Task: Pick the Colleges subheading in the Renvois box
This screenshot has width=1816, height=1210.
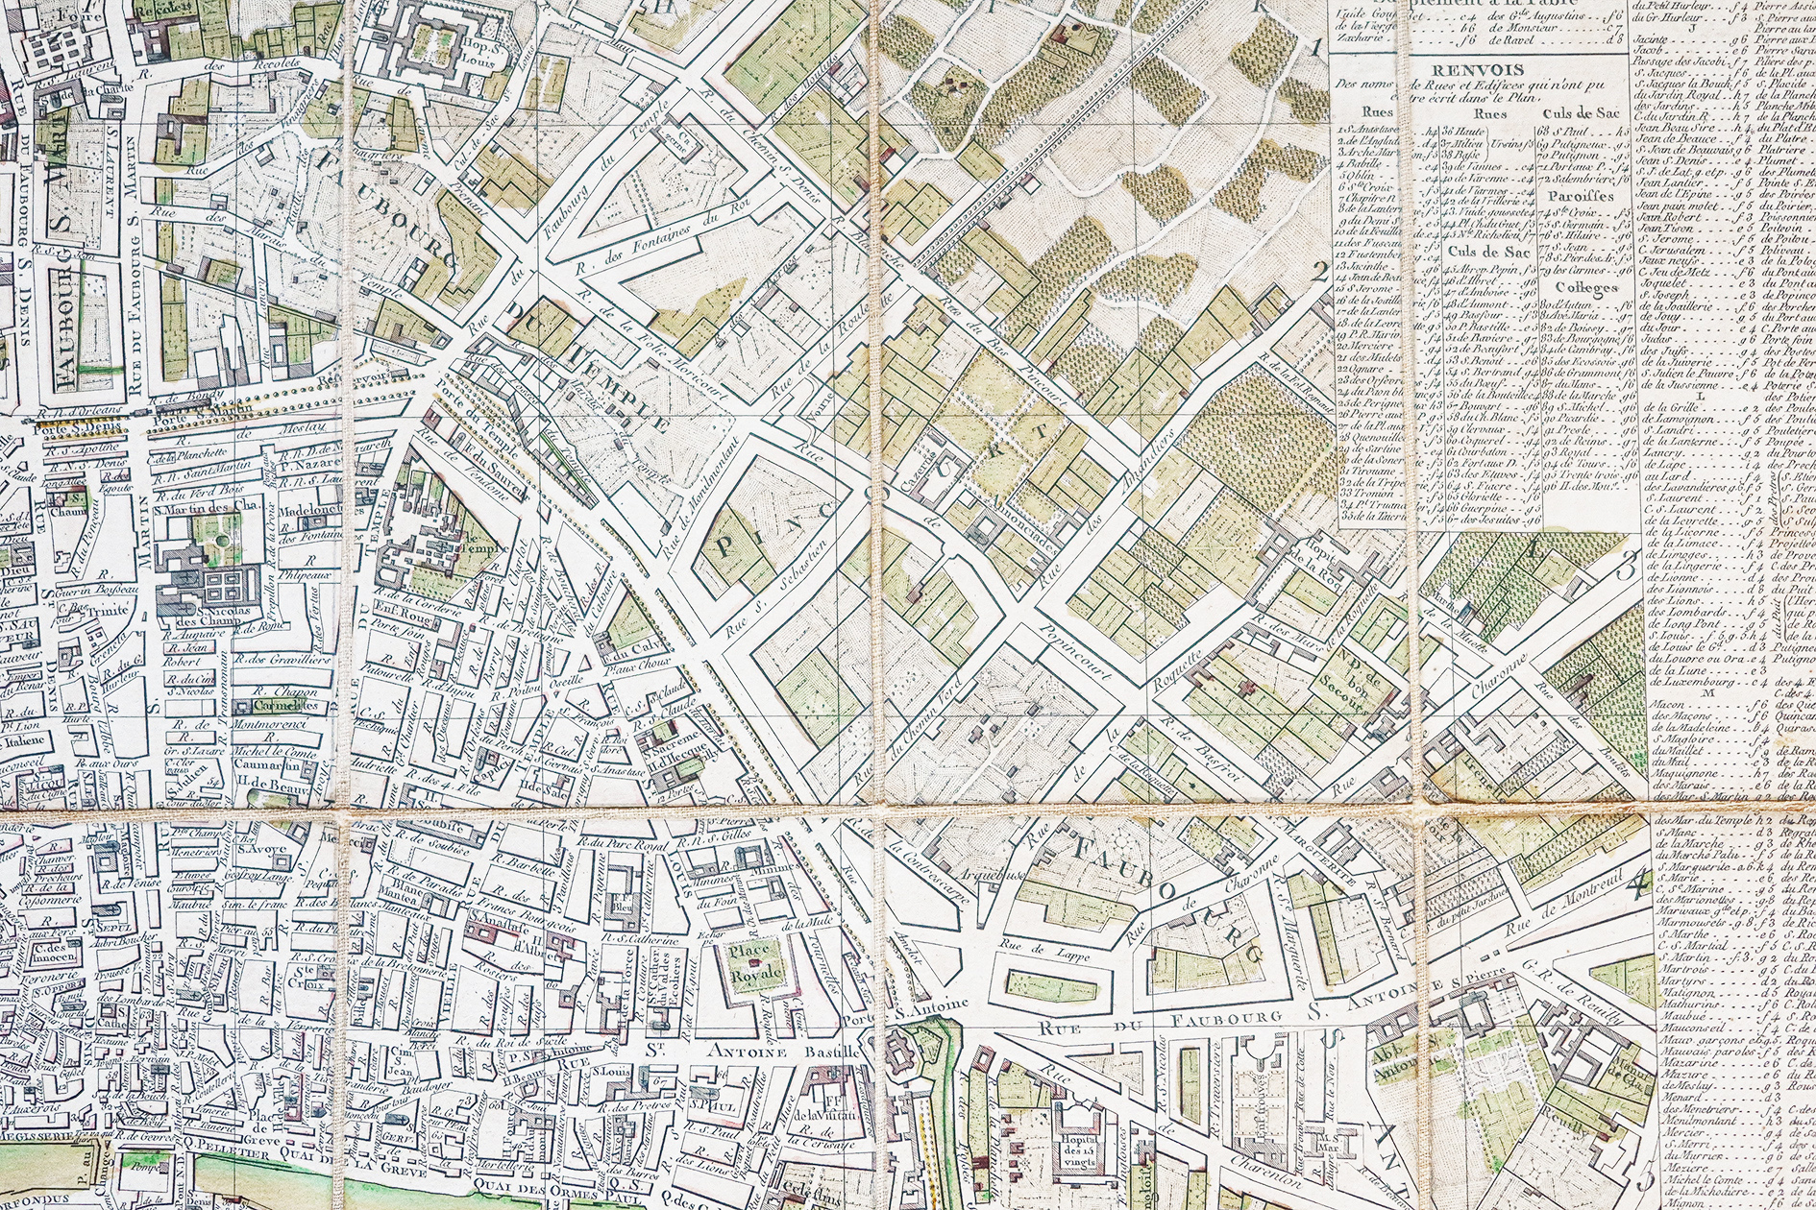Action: [x=1579, y=286]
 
